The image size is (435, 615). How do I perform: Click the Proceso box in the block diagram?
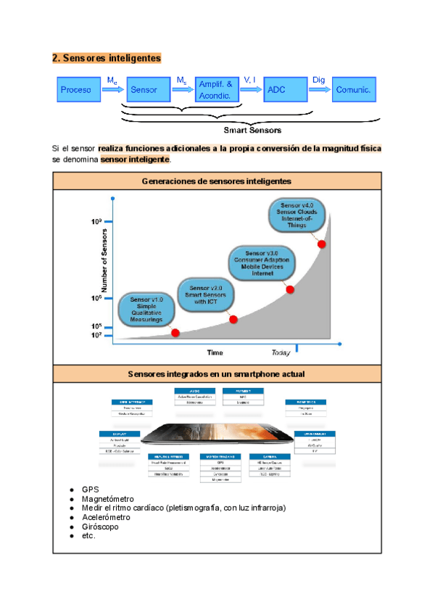point(76,90)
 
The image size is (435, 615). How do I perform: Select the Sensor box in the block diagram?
point(146,90)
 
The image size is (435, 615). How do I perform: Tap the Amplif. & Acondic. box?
point(216,90)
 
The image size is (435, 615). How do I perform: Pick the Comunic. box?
point(354,90)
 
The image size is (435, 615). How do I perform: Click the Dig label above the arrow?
point(318,80)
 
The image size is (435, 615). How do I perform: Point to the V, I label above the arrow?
point(249,80)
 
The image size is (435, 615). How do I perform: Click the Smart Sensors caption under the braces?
point(252,131)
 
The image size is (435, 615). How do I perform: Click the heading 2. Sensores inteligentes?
point(106,57)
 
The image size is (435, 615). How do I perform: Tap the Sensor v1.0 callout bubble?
point(151,309)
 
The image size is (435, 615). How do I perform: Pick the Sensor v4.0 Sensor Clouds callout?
point(297,215)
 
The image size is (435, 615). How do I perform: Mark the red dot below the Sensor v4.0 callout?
point(322,244)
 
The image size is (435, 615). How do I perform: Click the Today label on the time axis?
point(281,353)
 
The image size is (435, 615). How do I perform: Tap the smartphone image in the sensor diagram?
point(217,434)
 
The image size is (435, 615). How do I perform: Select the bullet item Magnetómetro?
point(108,499)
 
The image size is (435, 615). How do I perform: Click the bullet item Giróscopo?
point(101,527)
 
